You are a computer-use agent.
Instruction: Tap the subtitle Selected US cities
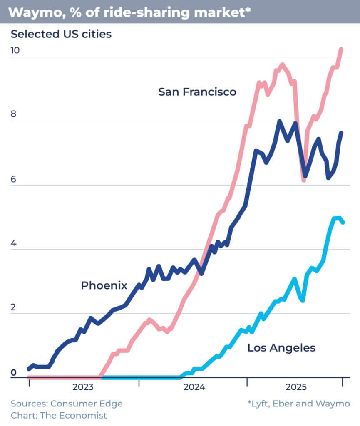[61, 34]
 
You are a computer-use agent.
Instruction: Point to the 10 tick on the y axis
[15, 50]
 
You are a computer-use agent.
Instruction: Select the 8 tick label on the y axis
[13, 114]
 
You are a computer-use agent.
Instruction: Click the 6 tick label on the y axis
[13, 179]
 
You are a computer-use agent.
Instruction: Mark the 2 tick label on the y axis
[13, 307]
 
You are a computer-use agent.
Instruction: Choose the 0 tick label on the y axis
[13, 372]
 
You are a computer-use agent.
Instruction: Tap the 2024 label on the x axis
[194, 388]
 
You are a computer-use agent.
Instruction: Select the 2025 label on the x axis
[296, 388]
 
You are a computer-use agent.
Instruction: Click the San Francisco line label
[197, 92]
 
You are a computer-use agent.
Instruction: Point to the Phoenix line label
[104, 285]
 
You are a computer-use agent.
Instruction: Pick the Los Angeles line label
[281, 348]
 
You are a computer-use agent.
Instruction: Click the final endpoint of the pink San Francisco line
[341, 49]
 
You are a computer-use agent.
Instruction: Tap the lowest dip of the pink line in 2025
[304, 180]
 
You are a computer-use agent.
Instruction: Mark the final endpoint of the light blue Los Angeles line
[343, 223]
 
